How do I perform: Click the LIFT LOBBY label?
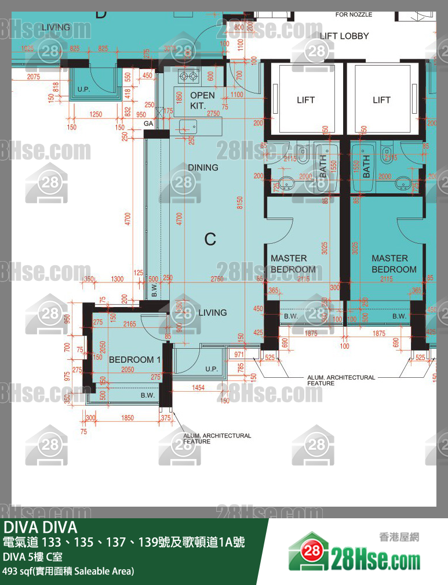(344, 36)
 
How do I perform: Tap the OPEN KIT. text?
(202, 100)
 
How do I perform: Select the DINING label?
(203, 168)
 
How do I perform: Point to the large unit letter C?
(210, 239)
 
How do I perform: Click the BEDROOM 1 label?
(134, 360)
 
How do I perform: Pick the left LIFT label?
(305, 100)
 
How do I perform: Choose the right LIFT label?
(381, 100)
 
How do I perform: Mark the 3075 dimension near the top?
(170, 49)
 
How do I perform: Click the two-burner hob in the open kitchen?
(189, 76)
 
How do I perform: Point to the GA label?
(148, 124)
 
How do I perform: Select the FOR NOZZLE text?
(354, 15)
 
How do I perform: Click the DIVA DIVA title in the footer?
(41, 528)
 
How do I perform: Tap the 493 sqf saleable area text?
(68, 572)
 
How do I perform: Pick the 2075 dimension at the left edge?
(34, 77)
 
